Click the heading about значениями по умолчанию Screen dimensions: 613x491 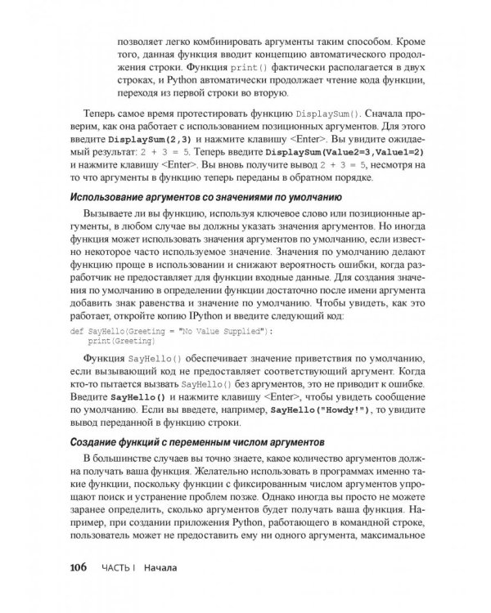204,197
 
